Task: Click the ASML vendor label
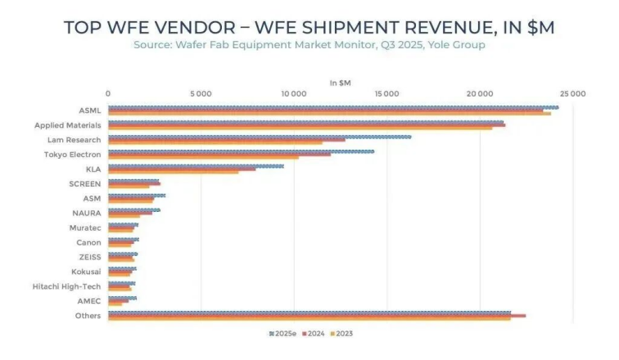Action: click(x=89, y=110)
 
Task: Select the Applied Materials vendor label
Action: click(x=68, y=125)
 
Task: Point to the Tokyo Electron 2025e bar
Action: click(x=241, y=151)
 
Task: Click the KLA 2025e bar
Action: click(x=196, y=166)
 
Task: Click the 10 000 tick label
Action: click(x=293, y=93)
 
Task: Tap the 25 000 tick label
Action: click(x=572, y=93)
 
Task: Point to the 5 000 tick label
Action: click(x=201, y=93)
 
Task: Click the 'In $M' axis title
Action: click(x=339, y=83)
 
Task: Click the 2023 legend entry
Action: click(x=342, y=334)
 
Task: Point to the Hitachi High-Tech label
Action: click(x=67, y=286)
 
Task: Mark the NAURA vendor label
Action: click(x=87, y=214)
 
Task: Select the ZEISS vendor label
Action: click(x=89, y=257)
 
